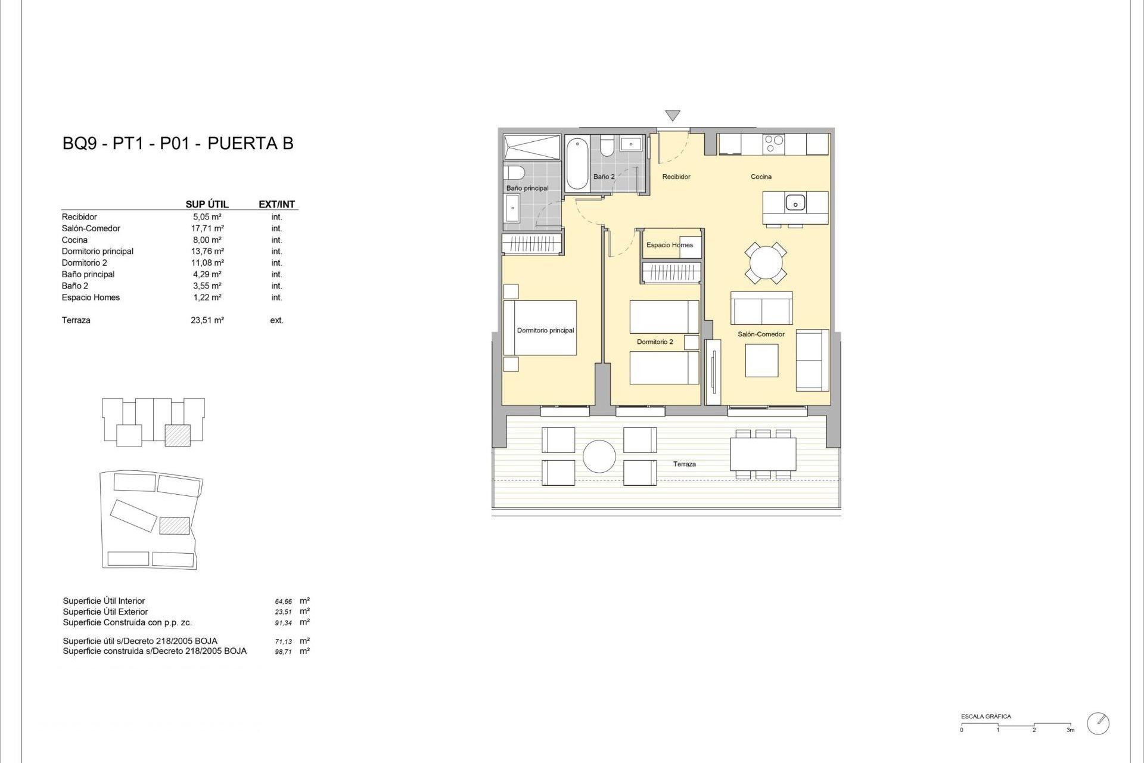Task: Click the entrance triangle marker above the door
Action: click(673, 116)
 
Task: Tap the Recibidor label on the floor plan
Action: click(676, 176)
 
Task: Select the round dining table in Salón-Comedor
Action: click(766, 262)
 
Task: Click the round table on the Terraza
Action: click(599, 457)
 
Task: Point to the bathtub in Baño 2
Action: click(577, 163)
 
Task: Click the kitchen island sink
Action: click(795, 203)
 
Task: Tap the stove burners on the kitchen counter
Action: click(774, 144)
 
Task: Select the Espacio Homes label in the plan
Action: click(670, 245)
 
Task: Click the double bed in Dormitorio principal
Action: click(540, 328)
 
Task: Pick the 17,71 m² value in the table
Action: click(207, 228)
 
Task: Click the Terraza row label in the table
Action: click(76, 321)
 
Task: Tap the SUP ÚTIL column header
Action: click(207, 204)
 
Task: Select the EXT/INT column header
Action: click(276, 204)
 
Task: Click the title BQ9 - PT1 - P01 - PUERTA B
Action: click(178, 144)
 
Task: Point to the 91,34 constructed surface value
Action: click(284, 623)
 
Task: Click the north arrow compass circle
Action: click(1098, 724)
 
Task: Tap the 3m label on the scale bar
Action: click(1070, 730)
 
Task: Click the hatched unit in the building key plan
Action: click(178, 435)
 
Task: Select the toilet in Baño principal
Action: click(514, 173)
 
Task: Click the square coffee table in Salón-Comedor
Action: click(761, 361)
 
